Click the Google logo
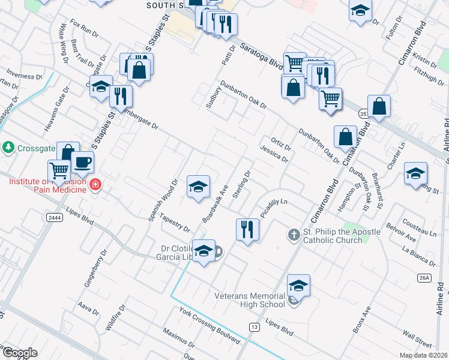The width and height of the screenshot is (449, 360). tap(19, 353)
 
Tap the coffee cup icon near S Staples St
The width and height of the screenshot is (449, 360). tap(83, 161)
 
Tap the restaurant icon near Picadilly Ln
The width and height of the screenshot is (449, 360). tap(247, 229)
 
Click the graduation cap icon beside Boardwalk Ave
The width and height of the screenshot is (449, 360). tap(197, 187)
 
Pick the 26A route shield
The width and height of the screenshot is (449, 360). tap(424, 277)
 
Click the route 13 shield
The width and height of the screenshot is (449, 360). tap(255, 326)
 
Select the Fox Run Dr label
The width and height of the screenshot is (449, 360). tap(83, 28)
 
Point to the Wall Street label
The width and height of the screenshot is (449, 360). tap(417, 338)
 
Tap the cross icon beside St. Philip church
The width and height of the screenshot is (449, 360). tap(294, 234)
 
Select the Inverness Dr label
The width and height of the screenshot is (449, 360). tap(24, 76)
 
